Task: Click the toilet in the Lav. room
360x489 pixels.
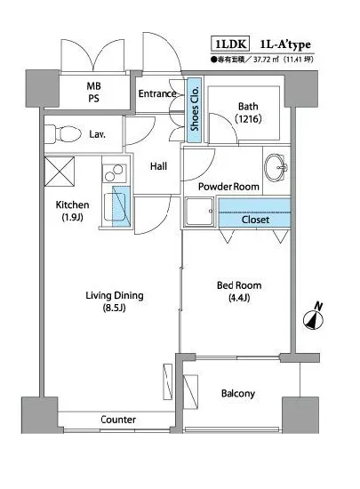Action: pyautogui.click(x=63, y=134)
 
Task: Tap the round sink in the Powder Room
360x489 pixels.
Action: pyautogui.click(x=276, y=167)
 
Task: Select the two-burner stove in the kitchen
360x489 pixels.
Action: pyautogui.click(x=114, y=173)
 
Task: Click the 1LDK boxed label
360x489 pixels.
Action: pyautogui.click(x=230, y=44)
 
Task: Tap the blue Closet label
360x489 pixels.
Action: pyautogui.click(x=255, y=220)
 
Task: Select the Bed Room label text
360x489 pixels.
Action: pyautogui.click(x=239, y=285)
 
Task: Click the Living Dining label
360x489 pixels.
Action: pyautogui.click(x=115, y=295)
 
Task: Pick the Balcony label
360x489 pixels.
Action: pyautogui.click(x=238, y=394)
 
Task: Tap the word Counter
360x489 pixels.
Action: pyautogui.click(x=118, y=420)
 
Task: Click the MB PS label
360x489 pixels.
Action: pyautogui.click(x=93, y=92)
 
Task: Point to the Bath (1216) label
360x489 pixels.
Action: pyautogui.click(x=248, y=112)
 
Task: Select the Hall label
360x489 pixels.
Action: pyautogui.click(x=158, y=166)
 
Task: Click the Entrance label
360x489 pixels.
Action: pyautogui.click(x=157, y=93)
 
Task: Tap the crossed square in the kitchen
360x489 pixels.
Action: pyautogui.click(x=60, y=172)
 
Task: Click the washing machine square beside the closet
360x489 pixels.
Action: pyautogui.click(x=199, y=211)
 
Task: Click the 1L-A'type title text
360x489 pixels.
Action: pyautogui.click(x=285, y=45)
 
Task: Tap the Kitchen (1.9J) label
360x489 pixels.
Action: pyautogui.click(x=72, y=211)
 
